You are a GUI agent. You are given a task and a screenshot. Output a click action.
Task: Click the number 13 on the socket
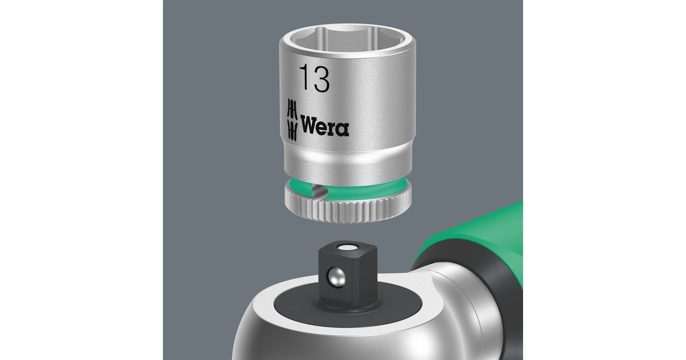pyautogui.click(x=315, y=79)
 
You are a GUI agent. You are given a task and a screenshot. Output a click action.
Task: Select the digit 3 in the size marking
pyautogui.click(x=321, y=79)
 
